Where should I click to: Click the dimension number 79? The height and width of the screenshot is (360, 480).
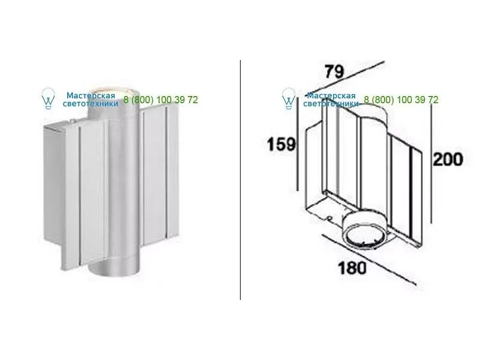tap(334, 71)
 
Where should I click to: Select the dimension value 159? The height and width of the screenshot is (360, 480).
tap(281, 144)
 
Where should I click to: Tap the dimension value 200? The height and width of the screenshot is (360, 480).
tap(448, 160)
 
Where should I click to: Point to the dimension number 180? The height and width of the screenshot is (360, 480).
tap(352, 268)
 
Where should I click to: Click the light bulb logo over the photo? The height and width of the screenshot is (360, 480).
tap(48, 98)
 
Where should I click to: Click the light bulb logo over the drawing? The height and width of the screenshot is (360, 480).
tap(289, 98)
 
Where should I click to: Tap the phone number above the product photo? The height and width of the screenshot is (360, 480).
tap(161, 100)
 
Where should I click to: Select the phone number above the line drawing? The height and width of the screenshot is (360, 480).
tap(401, 100)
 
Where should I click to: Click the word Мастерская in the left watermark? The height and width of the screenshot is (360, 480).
tap(91, 96)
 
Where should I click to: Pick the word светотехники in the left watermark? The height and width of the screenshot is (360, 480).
tap(91, 104)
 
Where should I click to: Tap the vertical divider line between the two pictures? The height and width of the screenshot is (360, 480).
tap(241, 179)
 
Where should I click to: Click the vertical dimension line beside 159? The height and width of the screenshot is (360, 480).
tap(297, 143)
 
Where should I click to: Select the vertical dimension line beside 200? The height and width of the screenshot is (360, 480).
tap(431, 164)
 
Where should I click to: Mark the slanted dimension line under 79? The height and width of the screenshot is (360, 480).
tap(346, 79)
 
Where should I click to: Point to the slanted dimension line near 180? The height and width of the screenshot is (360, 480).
tap(369, 259)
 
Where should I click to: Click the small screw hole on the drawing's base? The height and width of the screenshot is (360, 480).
tap(329, 218)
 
